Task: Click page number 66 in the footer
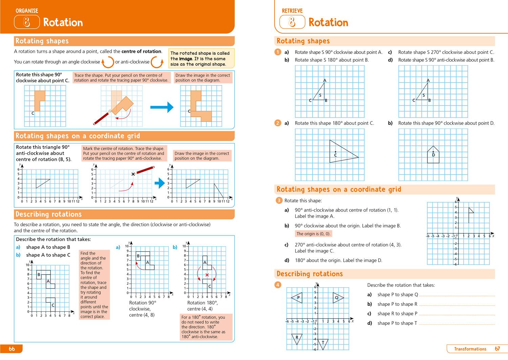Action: (x=12, y=349)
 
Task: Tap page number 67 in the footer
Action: (x=497, y=349)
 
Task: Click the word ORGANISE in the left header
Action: (x=27, y=11)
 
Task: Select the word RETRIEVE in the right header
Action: (x=292, y=11)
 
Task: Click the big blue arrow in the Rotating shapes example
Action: (x=162, y=108)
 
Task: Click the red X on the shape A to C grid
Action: (x=207, y=275)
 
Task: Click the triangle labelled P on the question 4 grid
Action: (x=297, y=298)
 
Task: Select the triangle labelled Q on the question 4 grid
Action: (x=338, y=298)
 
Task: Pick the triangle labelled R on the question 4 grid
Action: (x=297, y=338)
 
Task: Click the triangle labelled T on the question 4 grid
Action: (x=323, y=343)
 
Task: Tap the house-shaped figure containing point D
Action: (x=433, y=155)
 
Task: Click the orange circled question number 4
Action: (x=278, y=285)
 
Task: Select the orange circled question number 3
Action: (x=279, y=201)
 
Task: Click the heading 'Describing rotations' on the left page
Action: (x=49, y=214)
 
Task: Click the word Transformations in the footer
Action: (x=470, y=349)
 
